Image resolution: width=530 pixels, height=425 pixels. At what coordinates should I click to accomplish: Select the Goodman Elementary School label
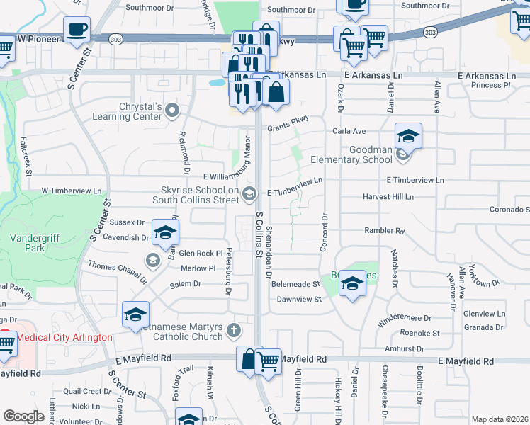tap(371, 154)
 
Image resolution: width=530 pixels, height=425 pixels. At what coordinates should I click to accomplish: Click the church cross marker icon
tap(235, 331)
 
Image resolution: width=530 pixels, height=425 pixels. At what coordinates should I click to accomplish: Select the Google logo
tap(23, 416)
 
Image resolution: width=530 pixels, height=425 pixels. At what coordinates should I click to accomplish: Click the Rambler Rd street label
tap(383, 231)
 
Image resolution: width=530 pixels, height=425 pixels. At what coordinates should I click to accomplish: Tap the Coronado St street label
tap(509, 210)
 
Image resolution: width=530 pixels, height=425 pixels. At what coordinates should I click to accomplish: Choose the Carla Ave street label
tap(349, 131)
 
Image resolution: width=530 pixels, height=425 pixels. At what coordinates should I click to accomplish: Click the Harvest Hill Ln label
tap(388, 197)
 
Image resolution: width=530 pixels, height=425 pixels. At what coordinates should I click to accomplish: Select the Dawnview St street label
tap(299, 300)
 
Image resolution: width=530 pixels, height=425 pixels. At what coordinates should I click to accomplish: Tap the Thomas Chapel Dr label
tap(117, 270)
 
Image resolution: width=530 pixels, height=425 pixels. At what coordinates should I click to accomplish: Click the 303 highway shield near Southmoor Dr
tap(430, 32)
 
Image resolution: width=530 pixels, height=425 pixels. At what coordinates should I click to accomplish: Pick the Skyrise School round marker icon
tap(249, 193)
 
